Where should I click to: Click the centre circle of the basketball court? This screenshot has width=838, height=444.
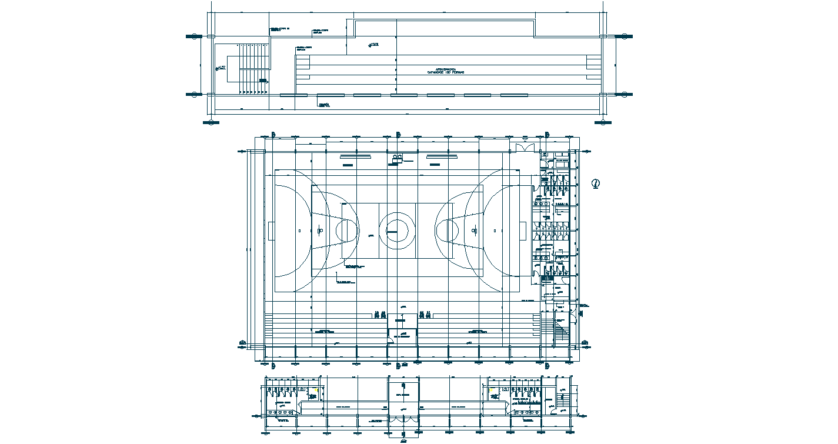click(397, 228)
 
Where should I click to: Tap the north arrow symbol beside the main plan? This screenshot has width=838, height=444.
click(596, 184)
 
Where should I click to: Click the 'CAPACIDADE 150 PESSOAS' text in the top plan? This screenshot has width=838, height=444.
click(446, 72)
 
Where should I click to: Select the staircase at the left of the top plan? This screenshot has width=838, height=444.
click(253, 68)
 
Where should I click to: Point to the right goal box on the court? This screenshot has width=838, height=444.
click(522, 230)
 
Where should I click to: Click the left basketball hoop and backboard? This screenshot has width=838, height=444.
click(320, 230)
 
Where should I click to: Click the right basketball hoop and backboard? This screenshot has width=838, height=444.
click(474, 230)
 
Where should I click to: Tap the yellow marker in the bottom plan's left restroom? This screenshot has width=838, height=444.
click(316, 390)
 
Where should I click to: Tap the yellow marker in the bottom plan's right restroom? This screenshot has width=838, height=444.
click(491, 390)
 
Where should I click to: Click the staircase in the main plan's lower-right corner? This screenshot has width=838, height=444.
click(559, 329)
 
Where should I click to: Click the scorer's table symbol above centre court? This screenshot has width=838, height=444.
click(398, 158)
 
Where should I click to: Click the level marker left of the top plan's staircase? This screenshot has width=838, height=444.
click(222, 68)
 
